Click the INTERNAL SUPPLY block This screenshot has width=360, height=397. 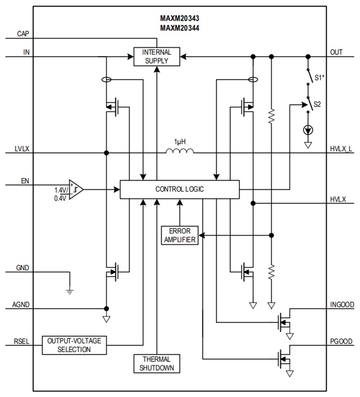click(x=157, y=57)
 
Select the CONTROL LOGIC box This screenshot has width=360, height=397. click(x=179, y=189)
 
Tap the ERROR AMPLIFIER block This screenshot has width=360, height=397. click(x=180, y=235)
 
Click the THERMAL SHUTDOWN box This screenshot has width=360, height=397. click(x=157, y=363)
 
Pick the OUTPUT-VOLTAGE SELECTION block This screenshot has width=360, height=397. click(x=74, y=345)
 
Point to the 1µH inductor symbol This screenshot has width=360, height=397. click(x=180, y=150)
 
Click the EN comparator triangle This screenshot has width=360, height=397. click(x=76, y=189)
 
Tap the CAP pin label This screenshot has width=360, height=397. click(x=23, y=34)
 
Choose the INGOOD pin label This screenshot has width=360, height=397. click(x=342, y=305)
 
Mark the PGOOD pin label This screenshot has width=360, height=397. click(x=341, y=341)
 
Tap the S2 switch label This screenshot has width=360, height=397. click(x=317, y=104)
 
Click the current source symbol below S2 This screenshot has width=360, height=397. click(x=308, y=130)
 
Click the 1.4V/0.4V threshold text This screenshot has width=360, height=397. click(x=60, y=194)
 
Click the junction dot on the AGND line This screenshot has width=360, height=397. click(x=106, y=309)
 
